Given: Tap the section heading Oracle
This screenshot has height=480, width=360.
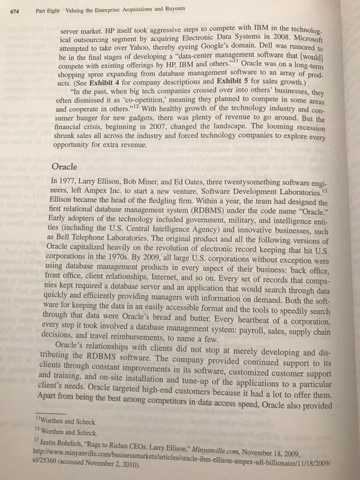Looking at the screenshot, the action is [64, 166].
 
